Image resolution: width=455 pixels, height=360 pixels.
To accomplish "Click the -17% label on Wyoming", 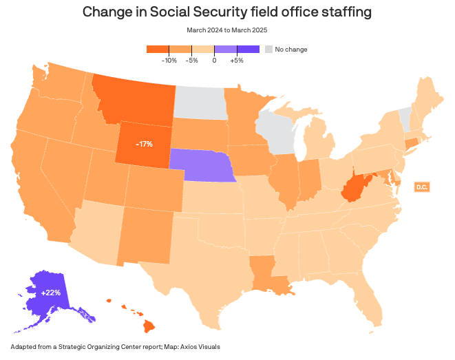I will [x=145, y=144].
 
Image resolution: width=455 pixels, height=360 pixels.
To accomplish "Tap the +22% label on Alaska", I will [x=50, y=293].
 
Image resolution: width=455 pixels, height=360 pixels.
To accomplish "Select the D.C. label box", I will [x=421, y=187].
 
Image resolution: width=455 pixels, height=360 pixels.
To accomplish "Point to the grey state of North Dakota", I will [x=200, y=104].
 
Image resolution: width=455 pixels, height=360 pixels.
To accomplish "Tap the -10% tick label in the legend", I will [x=169, y=61].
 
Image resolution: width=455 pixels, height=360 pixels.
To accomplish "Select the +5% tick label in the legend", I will [x=237, y=61].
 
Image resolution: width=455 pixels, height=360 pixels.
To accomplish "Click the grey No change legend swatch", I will [x=269, y=49].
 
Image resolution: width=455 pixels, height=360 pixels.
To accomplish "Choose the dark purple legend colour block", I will [x=248, y=49].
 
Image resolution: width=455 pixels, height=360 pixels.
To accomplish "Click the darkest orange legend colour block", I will [x=158, y=49].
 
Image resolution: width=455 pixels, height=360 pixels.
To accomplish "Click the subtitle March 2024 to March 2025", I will [x=227, y=30].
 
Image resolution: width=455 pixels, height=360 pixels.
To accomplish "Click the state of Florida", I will [x=372, y=303].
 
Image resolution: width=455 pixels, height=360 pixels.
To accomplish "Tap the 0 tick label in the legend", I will [x=215, y=61].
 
